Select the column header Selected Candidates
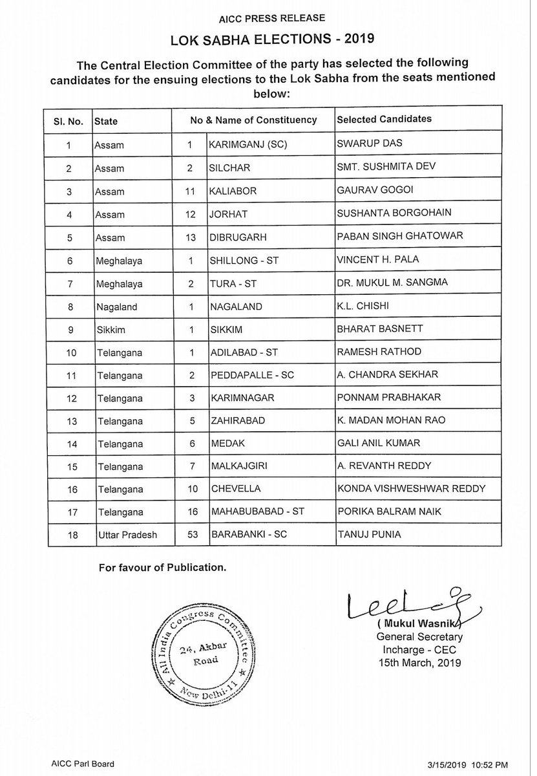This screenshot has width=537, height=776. [x=384, y=120]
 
